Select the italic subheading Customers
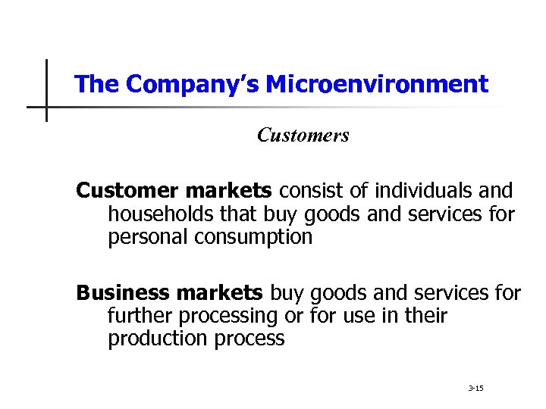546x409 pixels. (303, 136)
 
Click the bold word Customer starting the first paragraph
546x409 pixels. (126, 190)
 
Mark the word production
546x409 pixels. (155, 339)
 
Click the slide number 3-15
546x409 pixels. (476, 389)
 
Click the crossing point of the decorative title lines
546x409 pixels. (46, 106)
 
